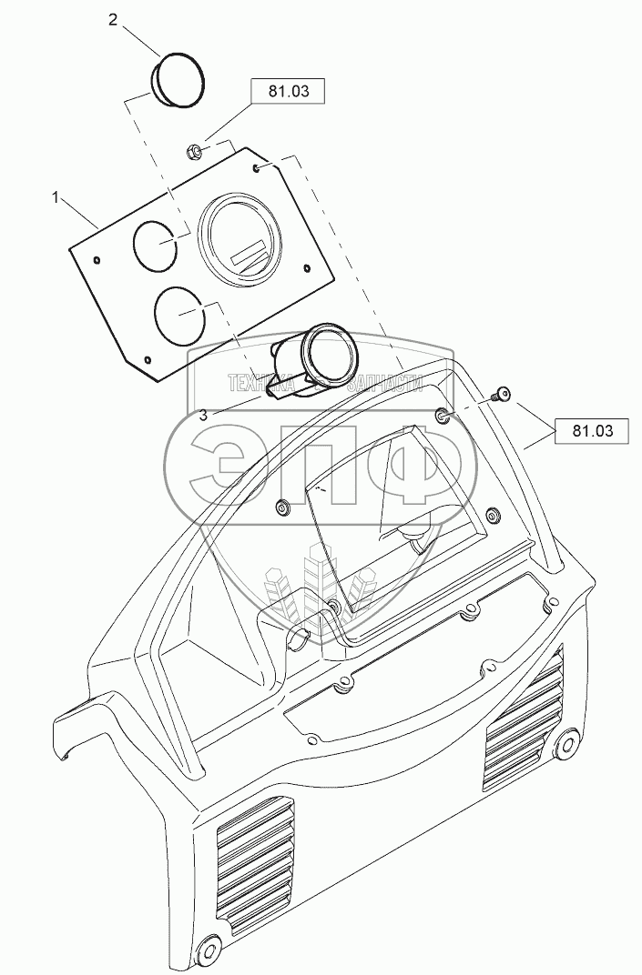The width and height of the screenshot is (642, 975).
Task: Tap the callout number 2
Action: coord(113,20)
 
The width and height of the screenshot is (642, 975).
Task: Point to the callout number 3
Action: coord(202,414)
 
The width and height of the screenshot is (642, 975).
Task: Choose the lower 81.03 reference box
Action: coord(588,430)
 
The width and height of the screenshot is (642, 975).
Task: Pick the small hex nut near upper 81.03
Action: coord(193,150)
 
